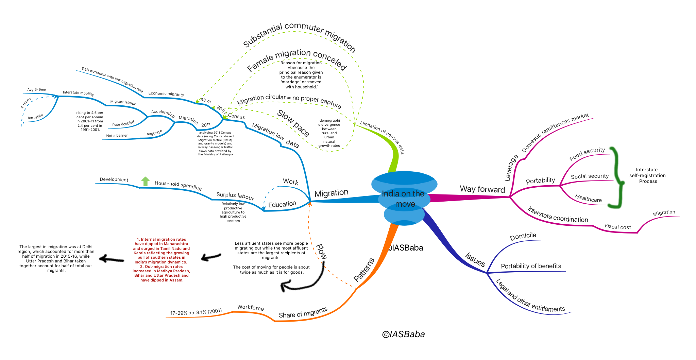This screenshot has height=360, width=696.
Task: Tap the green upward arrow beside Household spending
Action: pyautogui.click(x=146, y=182)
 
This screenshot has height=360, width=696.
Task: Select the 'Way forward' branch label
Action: pyautogui.click(x=482, y=189)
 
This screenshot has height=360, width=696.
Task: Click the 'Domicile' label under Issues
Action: pyautogui.click(x=523, y=236)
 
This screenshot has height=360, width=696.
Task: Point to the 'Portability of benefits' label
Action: pyautogui.click(x=531, y=266)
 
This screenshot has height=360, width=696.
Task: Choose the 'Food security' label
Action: pyautogui.click(x=587, y=154)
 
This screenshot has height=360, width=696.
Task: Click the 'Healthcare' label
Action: pyautogui.click(x=588, y=198)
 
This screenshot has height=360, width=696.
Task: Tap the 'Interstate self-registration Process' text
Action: pyautogui.click(x=647, y=175)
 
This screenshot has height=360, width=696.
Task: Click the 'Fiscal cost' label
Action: pyautogui.click(x=617, y=227)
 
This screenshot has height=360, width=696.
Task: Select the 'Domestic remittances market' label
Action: pyautogui.click(x=555, y=133)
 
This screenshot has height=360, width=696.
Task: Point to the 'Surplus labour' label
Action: pyautogui.click(x=235, y=196)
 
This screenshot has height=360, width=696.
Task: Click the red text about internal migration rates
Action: pyautogui.click(x=162, y=260)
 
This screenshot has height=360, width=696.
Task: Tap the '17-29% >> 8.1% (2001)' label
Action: pyautogui.click(x=196, y=312)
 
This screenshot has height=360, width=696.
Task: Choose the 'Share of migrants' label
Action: pyautogui.click(x=303, y=312)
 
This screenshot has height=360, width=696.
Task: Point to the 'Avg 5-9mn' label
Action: pyautogui.click(x=37, y=90)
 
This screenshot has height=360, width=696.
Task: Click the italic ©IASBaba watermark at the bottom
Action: pyautogui.click(x=404, y=335)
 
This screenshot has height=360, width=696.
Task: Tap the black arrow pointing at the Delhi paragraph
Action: pyautogui.click(x=112, y=259)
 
